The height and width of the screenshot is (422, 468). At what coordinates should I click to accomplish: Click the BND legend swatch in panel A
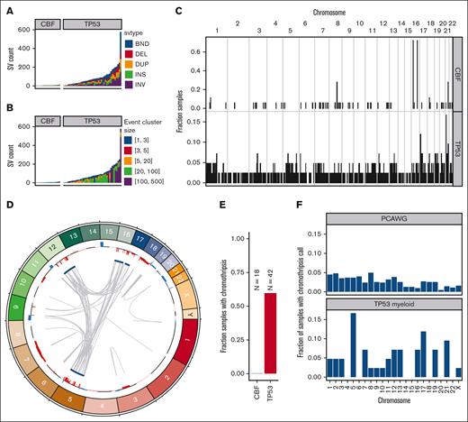point(126,41)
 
